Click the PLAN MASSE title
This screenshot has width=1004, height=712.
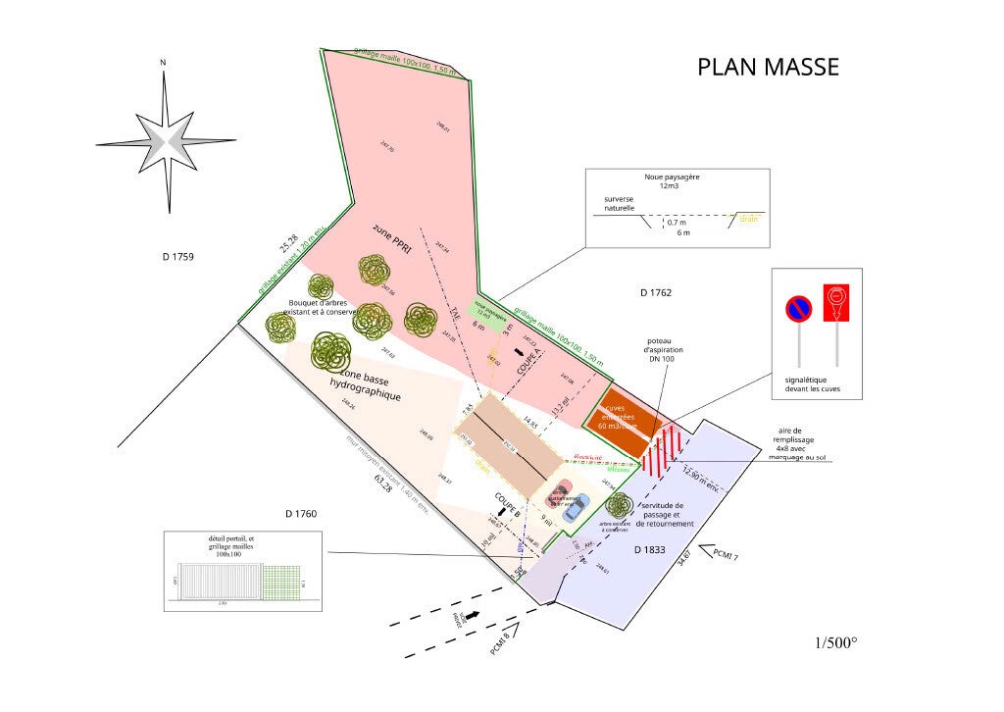(x=768, y=67)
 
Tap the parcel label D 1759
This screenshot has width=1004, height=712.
(x=178, y=257)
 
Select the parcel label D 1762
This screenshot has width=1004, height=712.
(x=655, y=292)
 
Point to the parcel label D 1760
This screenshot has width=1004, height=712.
(x=301, y=513)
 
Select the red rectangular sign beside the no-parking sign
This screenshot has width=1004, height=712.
(x=835, y=304)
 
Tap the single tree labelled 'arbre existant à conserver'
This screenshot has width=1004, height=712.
(x=619, y=506)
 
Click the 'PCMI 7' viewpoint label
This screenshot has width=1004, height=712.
(x=726, y=554)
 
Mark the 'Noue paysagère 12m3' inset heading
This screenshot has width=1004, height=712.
(x=671, y=181)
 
